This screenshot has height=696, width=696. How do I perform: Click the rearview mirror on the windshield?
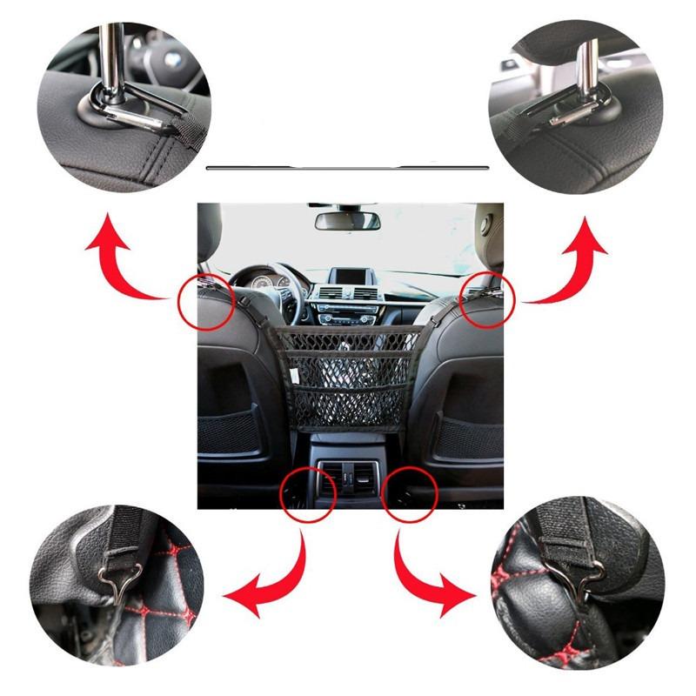(347, 220)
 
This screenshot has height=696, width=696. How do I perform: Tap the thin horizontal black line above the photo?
(348, 165)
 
